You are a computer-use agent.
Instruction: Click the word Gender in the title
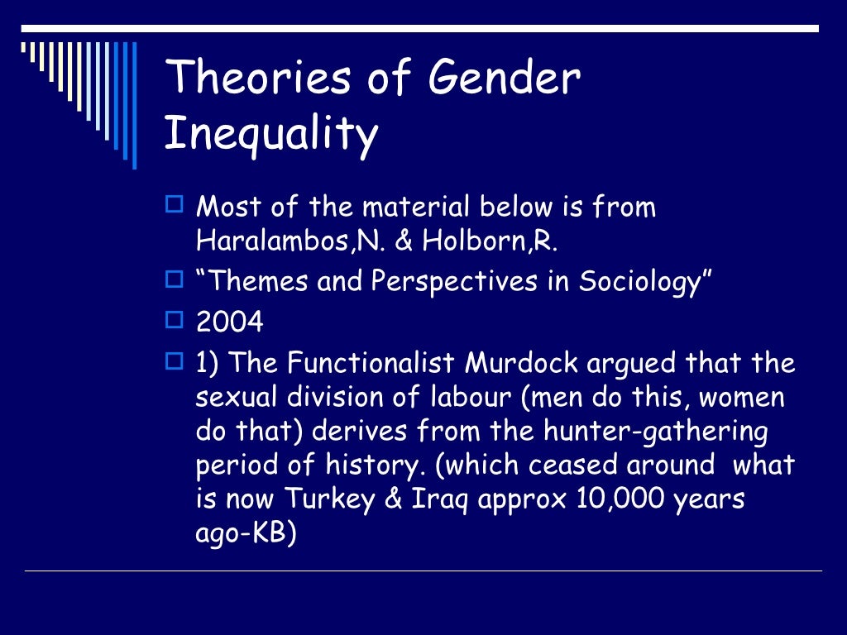click(505, 79)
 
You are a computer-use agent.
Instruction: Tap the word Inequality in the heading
click(271, 135)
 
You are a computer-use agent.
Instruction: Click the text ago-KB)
click(246, 534)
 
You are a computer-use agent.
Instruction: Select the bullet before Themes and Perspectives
click(174, 279)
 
